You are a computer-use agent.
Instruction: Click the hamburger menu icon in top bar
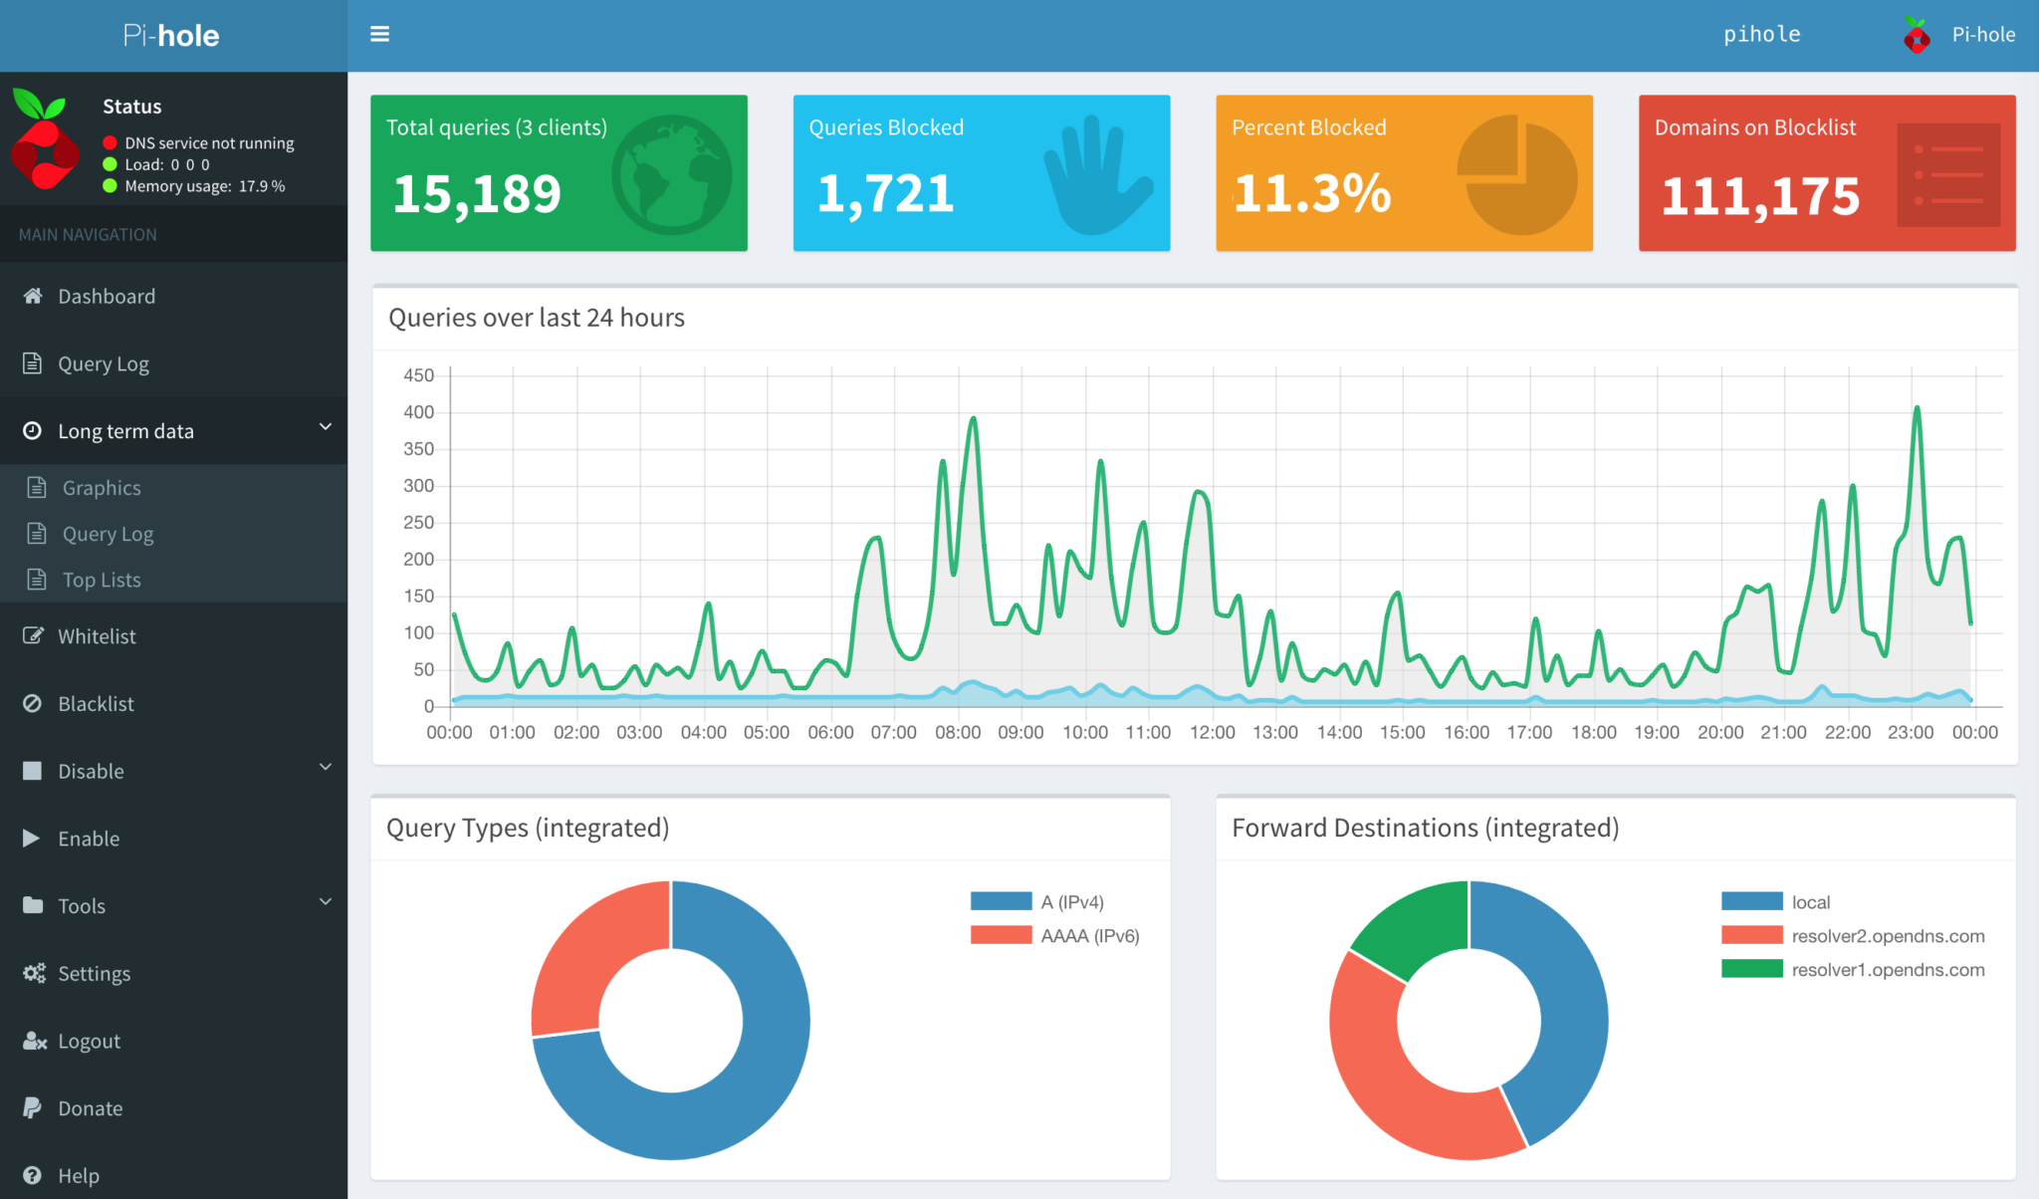click(x=379, y=34)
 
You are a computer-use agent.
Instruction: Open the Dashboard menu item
click(x=106, y=297)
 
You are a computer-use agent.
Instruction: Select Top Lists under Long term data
click(x=101, y=580)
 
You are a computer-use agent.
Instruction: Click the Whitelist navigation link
click(x=97, y=636)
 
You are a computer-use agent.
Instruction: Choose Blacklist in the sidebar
click(x=96, y=704)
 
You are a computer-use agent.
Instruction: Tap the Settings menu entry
click(x=94, y=974)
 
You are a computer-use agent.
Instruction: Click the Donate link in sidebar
click(x=90, y=1108)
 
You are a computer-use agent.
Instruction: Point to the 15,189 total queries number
click(x=477, y=194)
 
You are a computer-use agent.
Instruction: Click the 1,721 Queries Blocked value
click(x=885, y=194)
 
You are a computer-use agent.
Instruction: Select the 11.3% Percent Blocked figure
click(x=1311, y=194)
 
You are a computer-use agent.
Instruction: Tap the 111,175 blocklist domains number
click(x=1759, y=196)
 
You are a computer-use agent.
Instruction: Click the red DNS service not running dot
click(x=111, y=142)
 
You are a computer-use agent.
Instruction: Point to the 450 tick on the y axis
click(x=418, y=375)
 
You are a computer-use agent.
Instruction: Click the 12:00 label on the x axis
click(x=1212, y=733)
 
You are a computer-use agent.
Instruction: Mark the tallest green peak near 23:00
click(x=1917, y=408)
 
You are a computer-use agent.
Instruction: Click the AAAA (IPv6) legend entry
click(x=1089, y=936)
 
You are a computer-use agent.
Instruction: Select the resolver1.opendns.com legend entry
click(x=1887, y=970)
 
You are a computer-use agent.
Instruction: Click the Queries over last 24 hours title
click(x=537, y=318)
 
